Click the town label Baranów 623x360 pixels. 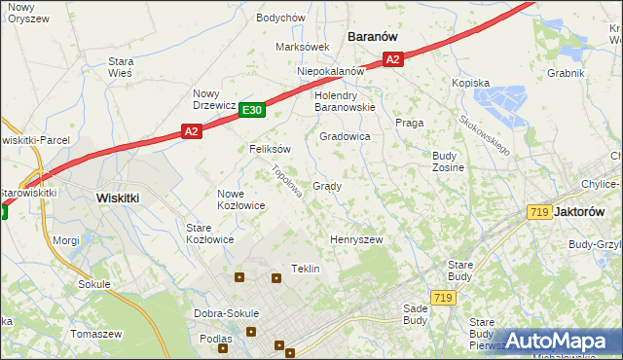(373, 36)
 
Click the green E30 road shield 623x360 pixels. (251, 111)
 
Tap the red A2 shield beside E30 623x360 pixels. (191, 131)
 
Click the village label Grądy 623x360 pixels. (326, 186)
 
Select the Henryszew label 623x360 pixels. (356, 239)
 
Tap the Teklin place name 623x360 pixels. (306, 269)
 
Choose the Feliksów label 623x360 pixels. (271, 150)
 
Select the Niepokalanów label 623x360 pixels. (331, 71)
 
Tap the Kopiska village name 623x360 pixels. (470, 84)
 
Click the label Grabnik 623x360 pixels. (566, 73)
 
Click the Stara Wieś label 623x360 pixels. (121, 66)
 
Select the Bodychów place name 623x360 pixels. (280, 18)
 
